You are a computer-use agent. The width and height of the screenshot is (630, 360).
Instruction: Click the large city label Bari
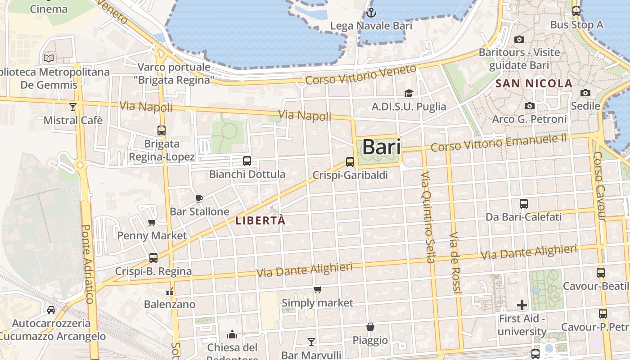click(x=381, y=147)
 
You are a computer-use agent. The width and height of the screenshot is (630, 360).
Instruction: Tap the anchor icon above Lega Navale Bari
click(x=371, y=13)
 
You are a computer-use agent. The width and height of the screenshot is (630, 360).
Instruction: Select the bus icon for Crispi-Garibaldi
click(x=350, y=162)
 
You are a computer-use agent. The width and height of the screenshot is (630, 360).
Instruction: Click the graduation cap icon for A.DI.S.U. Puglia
click(x=409, y=93)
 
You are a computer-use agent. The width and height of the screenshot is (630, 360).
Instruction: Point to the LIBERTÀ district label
click(x=261, y=221)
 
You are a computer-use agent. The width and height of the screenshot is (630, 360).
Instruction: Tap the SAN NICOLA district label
click(x=534, y=84)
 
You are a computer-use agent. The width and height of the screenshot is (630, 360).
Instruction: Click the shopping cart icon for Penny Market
click(x=152, y=222)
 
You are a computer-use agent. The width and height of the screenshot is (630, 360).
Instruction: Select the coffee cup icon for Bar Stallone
click(x=199, y=198)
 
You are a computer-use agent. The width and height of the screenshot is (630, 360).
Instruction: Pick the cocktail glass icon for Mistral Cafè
click(x=73, y=107)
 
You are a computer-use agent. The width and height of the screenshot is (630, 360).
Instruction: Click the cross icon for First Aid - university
click(x=522, y=306)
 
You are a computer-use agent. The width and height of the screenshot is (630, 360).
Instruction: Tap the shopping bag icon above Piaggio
click(x=370, y=327)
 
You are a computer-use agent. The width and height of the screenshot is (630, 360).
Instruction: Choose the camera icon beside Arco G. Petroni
click(x=530, y=106)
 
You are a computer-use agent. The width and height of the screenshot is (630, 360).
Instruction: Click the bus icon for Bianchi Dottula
click(x=247, y=161)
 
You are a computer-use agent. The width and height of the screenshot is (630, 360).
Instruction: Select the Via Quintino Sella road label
click(x=429, y=217)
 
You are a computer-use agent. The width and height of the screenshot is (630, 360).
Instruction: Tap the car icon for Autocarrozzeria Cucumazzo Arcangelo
click(x=51, y=310)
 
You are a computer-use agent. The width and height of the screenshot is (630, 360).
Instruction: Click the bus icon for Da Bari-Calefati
click(x=524, y=204)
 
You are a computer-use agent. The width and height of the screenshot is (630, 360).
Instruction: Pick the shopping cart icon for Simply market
click(x=318, y=289)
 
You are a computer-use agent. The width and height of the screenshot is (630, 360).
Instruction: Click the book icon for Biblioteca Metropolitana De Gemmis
click(x=49, y=58)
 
